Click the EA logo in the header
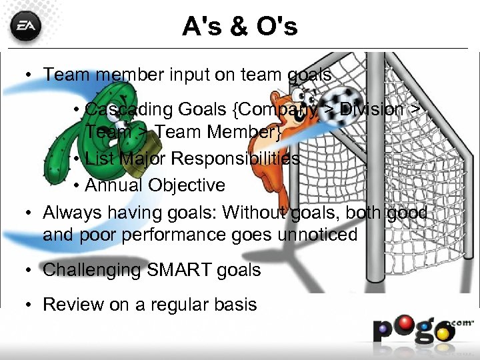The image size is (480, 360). [26, 27]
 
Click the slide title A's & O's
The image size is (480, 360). [240, 27]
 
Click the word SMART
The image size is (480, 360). [171, 270]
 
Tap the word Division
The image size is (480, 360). [373, 109]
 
